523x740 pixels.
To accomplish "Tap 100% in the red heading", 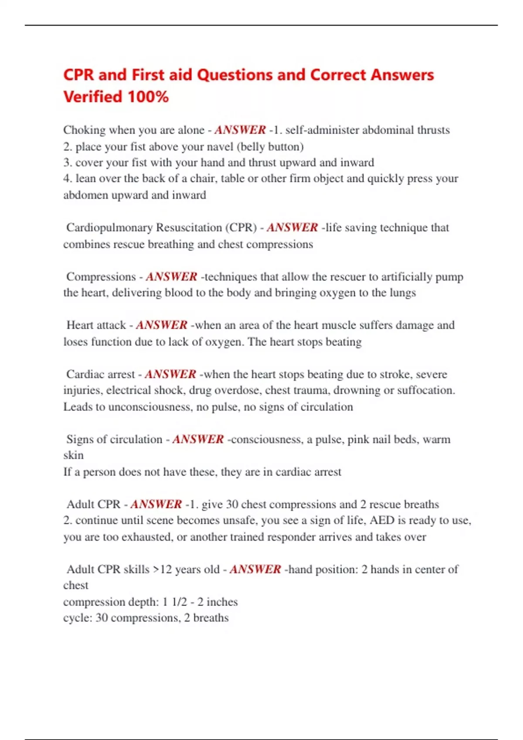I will click(148, 97).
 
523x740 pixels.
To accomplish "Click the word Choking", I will click(85, 130).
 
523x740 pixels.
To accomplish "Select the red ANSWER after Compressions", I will click(171, 277).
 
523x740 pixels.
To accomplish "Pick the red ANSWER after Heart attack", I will click(161, 325).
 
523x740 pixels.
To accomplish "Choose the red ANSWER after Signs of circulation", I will click(198, 439).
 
